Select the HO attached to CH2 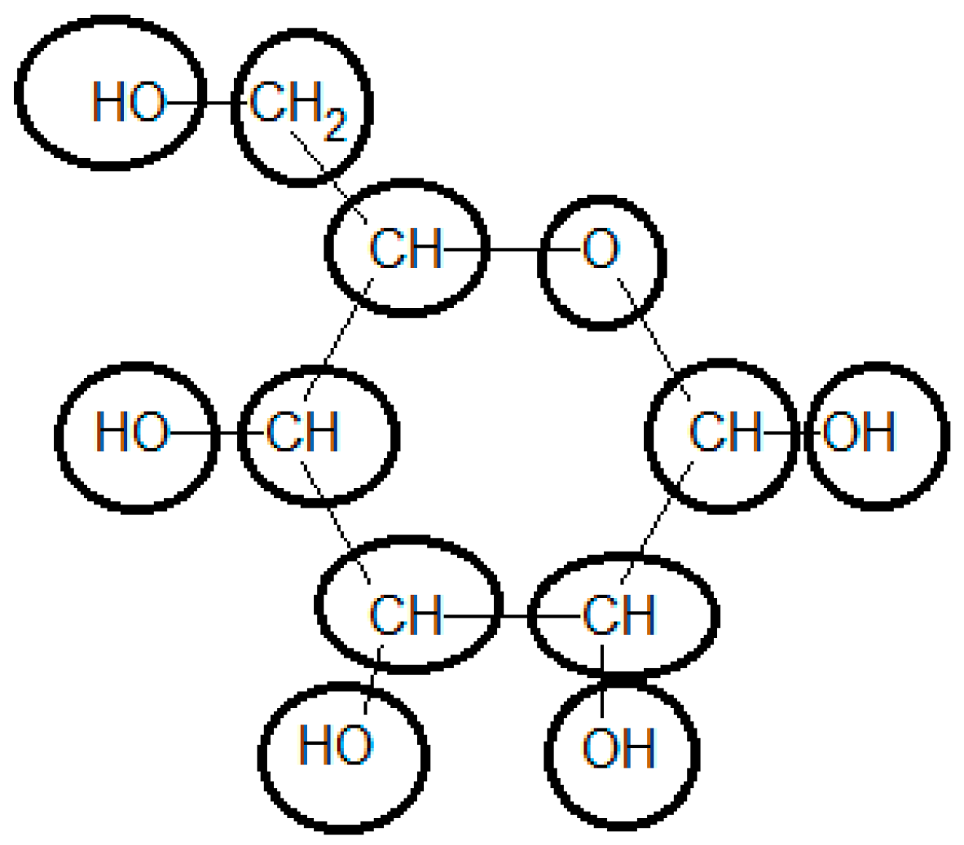pyautogui.click(x=128, y=103)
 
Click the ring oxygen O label pyautogui.click(x=601, y=250)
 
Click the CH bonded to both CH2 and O pyautogui.click(x=406, y=249)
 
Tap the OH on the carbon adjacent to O pyautogui.click(x=860, y=432)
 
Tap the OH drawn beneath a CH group pyautogui.click(x=618, y=748)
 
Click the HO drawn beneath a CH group pyautogui.click(x=336, y=744)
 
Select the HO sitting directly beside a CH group pyautogui.click(x=132, y=432)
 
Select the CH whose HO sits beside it pyautogui.click(x=302, y=432)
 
